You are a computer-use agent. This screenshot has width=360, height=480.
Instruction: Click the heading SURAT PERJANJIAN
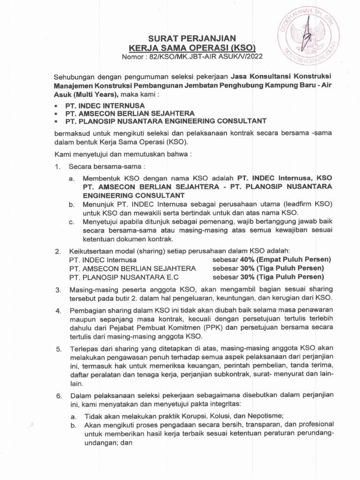(x=193, y=38)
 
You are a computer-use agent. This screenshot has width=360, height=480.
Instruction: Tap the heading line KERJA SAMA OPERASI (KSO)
(x=193, y=48)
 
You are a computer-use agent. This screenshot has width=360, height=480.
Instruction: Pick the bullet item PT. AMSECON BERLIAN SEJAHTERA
(x=123, y=113)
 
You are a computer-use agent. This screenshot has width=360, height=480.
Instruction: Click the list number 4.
(x=59, y=311)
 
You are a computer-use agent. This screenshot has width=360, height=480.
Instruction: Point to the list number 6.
(x=59, y=396)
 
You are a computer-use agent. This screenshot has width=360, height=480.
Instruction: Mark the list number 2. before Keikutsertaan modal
(x=59, y=251)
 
